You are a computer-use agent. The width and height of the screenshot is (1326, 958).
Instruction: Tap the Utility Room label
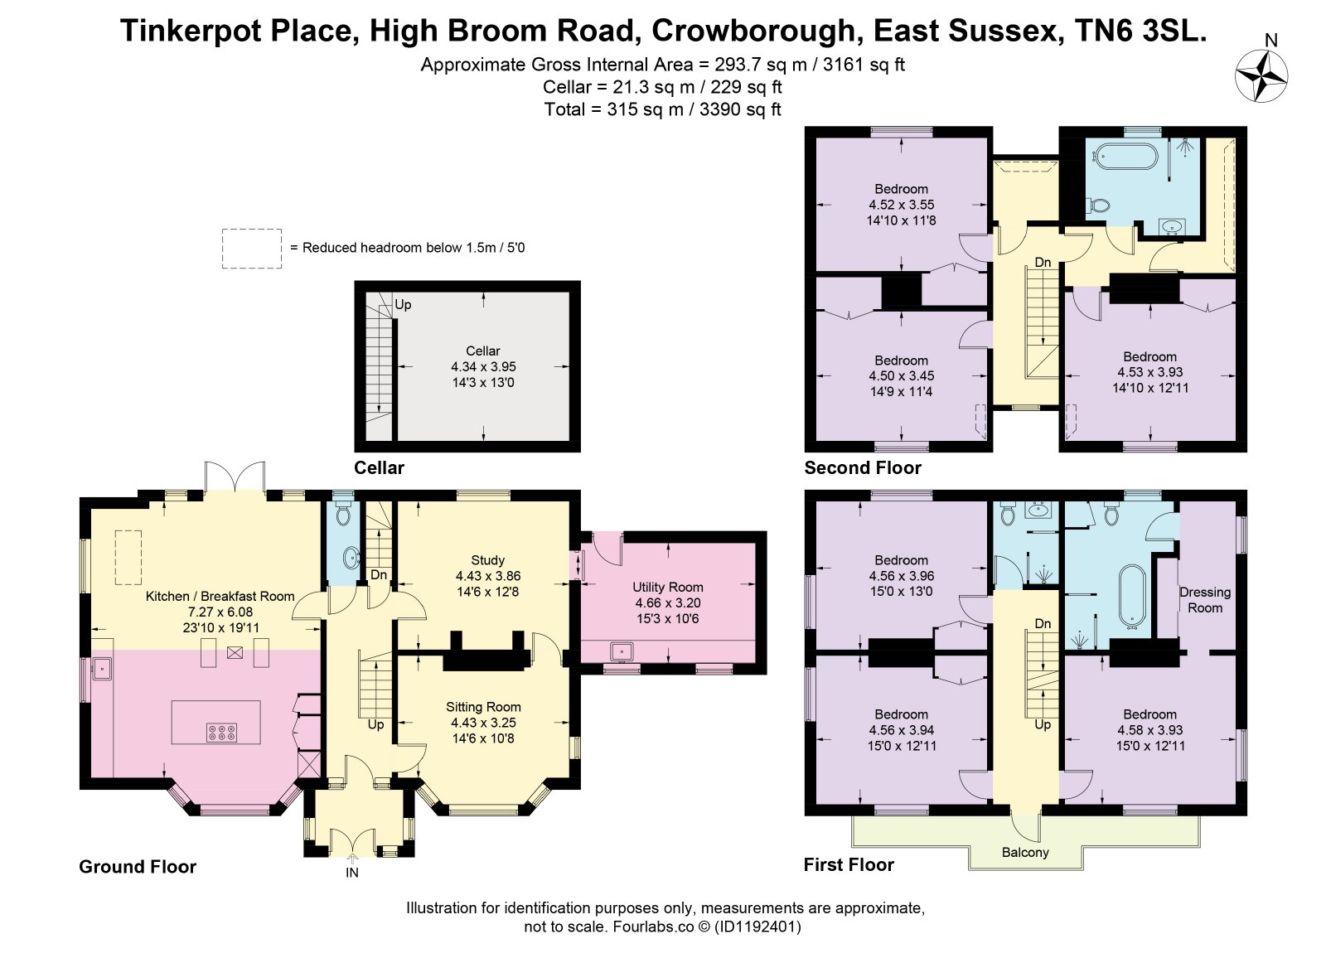coord(668,587)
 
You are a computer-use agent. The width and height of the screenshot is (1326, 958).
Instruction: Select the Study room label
coord(488,559)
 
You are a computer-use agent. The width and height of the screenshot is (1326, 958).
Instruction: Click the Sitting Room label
coord(484,706)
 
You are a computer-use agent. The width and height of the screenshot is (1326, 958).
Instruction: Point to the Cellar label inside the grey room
coord(483,351)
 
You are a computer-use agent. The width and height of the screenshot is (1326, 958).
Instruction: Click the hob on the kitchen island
coord(222,733)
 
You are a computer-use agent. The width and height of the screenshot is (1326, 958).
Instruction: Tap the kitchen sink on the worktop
coord(102,669)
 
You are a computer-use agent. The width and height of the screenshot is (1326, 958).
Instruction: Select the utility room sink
coord(622,652)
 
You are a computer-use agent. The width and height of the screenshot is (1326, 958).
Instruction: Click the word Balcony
coord(1025,852)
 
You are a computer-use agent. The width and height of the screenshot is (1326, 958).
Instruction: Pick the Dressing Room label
coord(1205,600)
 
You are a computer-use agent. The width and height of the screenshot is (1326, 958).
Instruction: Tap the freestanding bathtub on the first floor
coord(1132,595)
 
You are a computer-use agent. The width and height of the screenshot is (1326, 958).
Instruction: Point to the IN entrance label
coord(352,872)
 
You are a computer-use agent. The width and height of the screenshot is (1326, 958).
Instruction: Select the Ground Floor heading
coord(138,867)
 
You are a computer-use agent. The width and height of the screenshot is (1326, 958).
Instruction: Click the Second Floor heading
coord(863,467)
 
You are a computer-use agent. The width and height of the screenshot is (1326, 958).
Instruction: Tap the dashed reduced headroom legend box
coord(252,249)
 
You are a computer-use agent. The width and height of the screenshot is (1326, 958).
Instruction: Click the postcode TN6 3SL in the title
coord(1140,31)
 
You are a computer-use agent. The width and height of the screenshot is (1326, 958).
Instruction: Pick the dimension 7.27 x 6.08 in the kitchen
coord(220,612)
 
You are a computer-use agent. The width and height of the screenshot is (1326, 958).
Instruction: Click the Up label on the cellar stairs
coord(403,304)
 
